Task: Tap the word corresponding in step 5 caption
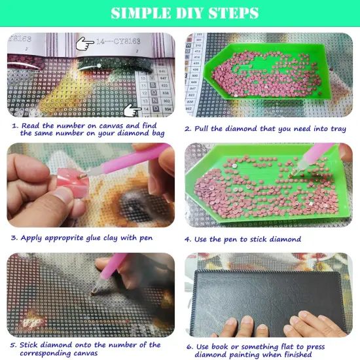coord(48,353)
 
